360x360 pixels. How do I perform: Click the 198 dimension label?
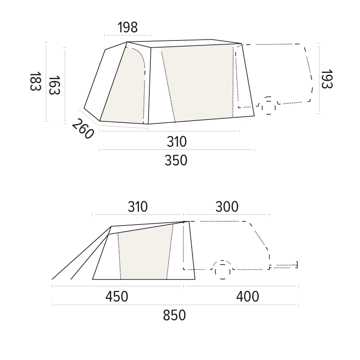point(128,27)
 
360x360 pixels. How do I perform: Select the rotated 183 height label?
point(36,81)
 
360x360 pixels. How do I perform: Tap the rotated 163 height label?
point(54,85)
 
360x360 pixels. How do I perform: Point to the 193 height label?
point(327,79)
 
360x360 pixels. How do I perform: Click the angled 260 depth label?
point(83,129)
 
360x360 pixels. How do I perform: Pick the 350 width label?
point(176,160)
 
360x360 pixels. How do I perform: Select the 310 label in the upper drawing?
point(176,142)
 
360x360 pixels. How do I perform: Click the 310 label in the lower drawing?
point(138,207)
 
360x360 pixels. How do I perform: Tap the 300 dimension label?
point(227,207)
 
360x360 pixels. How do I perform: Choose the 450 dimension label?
point(117,297)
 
